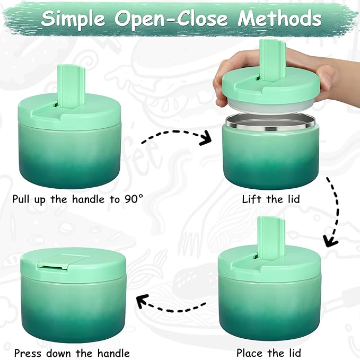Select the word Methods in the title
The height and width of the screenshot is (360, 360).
(279, 19)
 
